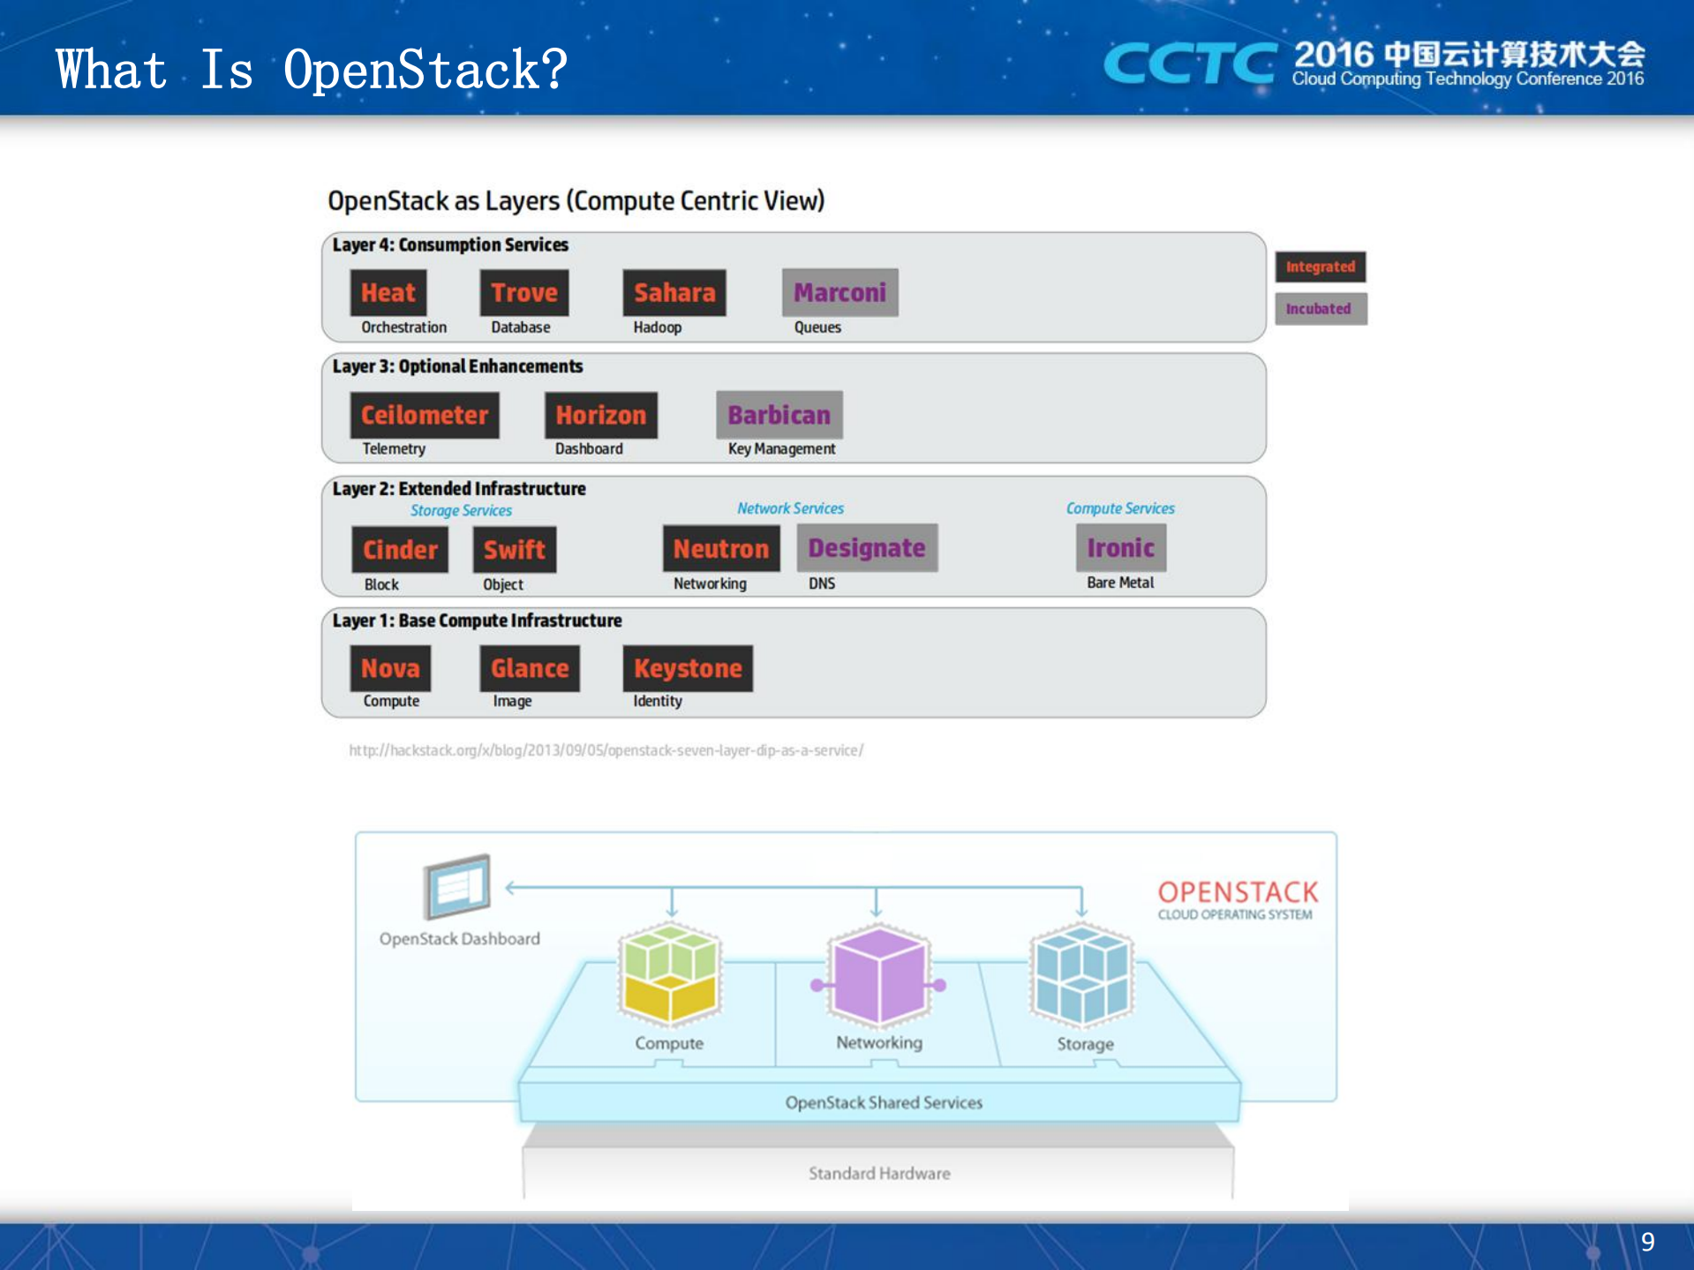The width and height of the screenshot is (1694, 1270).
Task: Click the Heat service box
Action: click(x=388, y=293)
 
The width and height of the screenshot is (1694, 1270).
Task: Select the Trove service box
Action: click(x=523, y=293)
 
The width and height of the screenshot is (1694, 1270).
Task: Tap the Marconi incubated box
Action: click(x=839, y=293)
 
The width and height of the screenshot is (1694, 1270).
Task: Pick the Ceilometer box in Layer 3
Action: click(x=425, y=415)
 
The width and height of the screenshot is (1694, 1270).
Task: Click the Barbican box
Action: click(x=779, y=415)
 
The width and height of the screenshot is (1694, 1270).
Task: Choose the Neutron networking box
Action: click(x=721, y=549)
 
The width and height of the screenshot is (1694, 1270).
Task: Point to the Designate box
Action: click(x=867, y=548)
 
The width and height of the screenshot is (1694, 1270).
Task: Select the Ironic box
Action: click(x=1120, y=548)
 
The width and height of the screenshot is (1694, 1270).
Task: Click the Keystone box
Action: click(x=688, y=668)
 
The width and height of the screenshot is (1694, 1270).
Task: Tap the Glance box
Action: click(x=530, y=668)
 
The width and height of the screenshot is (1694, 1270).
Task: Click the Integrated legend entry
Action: click(x=1320, y=267)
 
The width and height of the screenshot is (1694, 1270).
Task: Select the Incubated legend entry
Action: click(x=1320, y=309)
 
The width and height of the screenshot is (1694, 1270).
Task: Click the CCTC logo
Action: click(x=1189, y=64)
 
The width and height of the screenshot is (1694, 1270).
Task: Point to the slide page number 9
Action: click(x=1647, y=1243)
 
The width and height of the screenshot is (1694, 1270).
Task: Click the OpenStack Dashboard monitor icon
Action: click(x=457, y=885)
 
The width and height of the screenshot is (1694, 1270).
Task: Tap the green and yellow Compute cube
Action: click(x=670, y=974)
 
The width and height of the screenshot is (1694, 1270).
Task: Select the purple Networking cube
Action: click(x=879, y=975)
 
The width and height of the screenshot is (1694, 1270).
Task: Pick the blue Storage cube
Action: click(x=1081, y=974)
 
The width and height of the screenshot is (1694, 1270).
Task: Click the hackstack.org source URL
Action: click(x=606, y=750)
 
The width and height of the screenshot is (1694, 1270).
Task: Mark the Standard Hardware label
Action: click(x=879, y=1173)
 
